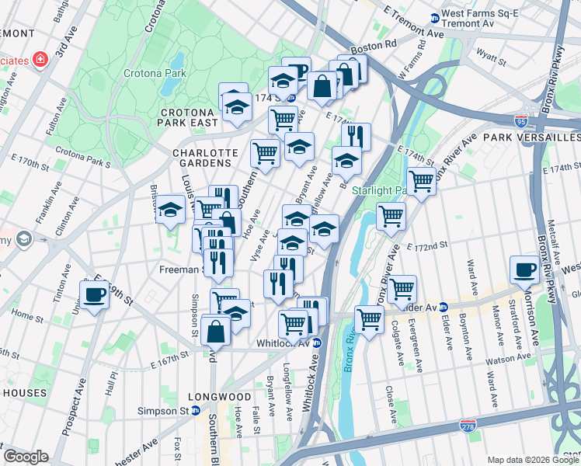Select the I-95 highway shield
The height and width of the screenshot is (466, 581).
tap(520, 122)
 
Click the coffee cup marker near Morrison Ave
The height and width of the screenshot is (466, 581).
tap(524, 270)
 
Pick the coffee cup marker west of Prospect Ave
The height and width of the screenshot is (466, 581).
tap(94, 295)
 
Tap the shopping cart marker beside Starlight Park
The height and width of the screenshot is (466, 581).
tap(421, 181)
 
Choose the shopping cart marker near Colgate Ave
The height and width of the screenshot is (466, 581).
tap(402, 290)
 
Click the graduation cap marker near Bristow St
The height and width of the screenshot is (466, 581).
tap(170, 210)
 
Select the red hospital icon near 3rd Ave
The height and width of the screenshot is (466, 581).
tap(38, 60)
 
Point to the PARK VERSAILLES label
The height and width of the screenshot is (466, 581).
tap(531, 137)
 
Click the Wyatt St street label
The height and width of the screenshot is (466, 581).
tap(491, 57)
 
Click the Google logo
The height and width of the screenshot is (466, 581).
tap(26, 457)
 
